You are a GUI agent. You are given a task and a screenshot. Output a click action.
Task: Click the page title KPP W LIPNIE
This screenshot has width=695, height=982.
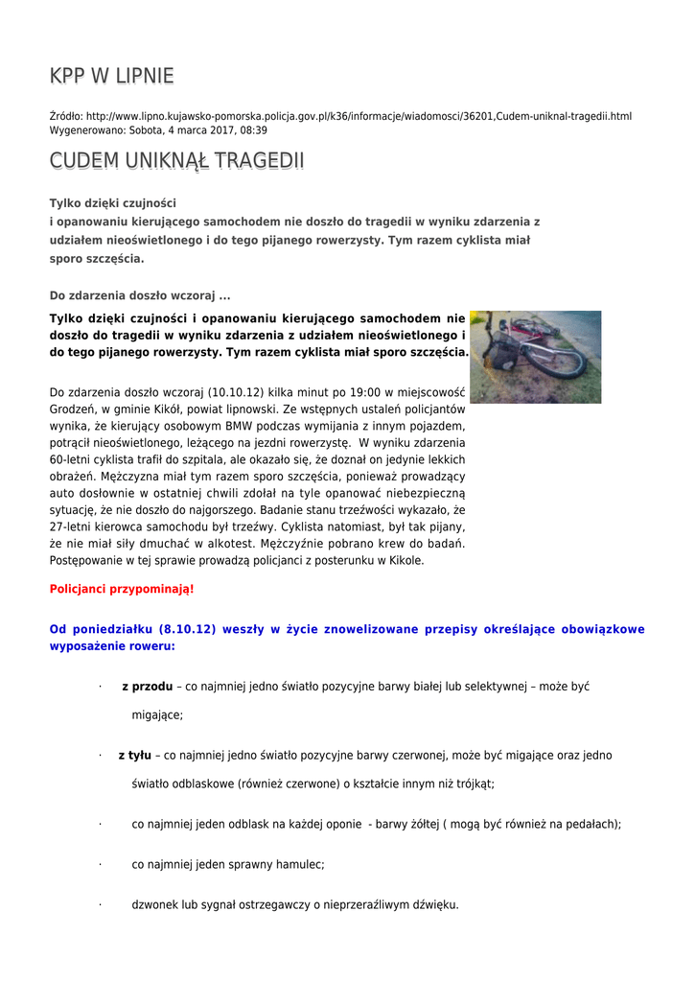pyautogui.click(x=111, y=76)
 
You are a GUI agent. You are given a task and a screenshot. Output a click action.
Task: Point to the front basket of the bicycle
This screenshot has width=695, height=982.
pyautogui.click(x=499, y=356)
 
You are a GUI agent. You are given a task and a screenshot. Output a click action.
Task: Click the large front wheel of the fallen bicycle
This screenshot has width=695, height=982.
pyautogui.click(x=556, y=362)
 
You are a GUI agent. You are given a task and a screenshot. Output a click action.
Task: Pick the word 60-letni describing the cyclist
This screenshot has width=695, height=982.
pyautogui.click(x=71, y=459)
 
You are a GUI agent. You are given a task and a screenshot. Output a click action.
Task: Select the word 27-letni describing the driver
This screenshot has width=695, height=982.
pyautogui.click(x=71, y=526)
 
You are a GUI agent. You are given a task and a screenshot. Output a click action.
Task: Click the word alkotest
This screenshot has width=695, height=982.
pyautogui.click(x=244, y=544)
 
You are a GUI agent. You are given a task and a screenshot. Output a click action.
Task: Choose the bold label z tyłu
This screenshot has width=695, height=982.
pyautogui.click(x=134, y=755)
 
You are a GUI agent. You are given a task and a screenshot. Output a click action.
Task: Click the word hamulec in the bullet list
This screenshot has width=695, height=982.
pyautogui.click(x=295, y=864)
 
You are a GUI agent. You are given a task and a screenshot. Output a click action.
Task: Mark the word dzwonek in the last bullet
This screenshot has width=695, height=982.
pyautogui.click(x=154, y=904)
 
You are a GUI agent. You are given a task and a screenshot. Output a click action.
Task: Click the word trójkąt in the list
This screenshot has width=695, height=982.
pyautogui.click(x=471, y=783)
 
